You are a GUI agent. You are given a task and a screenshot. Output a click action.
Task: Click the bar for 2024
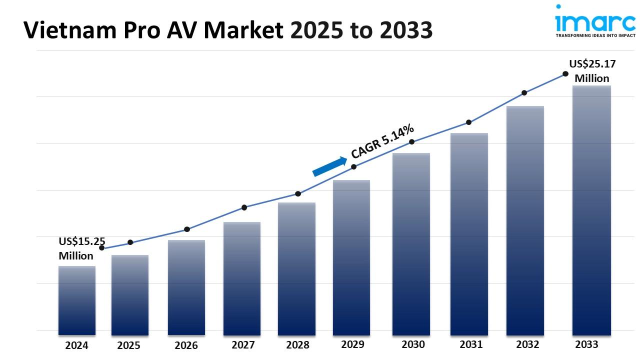[77, 300]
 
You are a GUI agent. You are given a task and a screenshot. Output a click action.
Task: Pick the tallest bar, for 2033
[591, 210]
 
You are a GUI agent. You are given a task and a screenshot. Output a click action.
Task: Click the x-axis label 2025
[128, 345]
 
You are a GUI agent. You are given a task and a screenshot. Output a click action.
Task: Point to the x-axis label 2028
[297, 345]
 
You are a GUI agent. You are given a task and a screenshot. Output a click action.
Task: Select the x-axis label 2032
[527, 344]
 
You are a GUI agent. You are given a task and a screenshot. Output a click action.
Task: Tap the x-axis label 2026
[186, 345]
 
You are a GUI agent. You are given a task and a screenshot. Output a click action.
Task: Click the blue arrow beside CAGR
[329, 166]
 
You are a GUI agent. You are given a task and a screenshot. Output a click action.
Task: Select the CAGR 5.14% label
[382, 141]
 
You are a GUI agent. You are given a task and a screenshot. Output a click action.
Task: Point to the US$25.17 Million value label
[592, 71]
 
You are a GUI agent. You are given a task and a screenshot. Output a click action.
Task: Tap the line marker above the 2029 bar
[353, 166]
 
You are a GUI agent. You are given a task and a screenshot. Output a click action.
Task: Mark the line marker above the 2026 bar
[187, 229]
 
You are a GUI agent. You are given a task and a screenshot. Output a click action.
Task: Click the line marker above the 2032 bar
[524, 92]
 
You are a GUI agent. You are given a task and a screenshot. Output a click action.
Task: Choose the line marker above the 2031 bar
[469, 122]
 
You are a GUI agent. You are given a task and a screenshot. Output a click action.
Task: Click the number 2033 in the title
[406, 31]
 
